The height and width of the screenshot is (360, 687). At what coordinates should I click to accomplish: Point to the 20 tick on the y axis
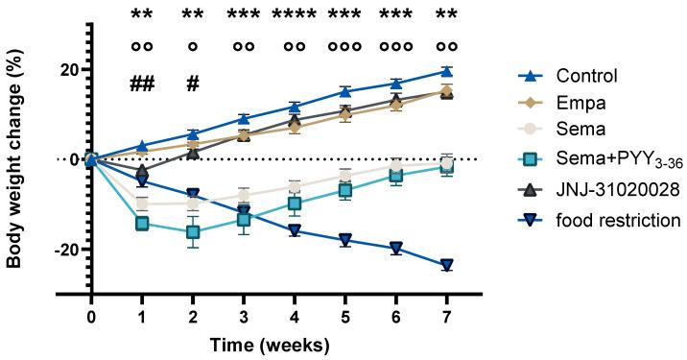(67, 69)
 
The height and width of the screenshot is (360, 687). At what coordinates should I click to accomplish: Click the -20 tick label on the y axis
(63, 250)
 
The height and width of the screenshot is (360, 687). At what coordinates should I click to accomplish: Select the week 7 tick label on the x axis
(446, 317)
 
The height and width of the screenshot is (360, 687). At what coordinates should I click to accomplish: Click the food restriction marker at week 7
(446, 265)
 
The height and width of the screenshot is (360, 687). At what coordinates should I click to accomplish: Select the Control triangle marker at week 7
(446, 70)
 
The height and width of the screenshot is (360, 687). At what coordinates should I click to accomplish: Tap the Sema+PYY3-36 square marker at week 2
(193, 232)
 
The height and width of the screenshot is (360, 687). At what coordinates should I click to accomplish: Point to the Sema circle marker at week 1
(143, 204)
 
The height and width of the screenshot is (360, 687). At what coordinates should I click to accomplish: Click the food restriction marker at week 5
(345, 240)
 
